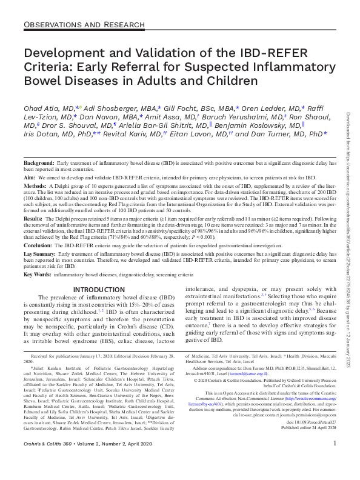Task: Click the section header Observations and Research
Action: click(x=87, y=25)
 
